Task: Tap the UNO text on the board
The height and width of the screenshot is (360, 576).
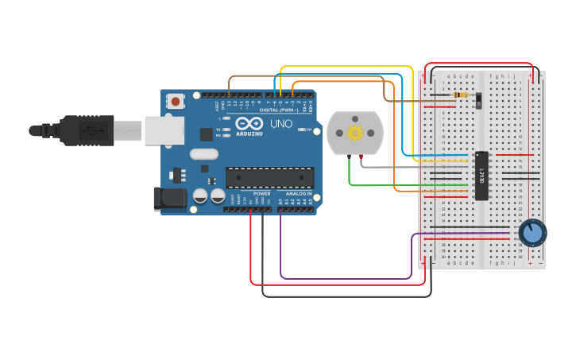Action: pyautogui.click(x=281, y=124)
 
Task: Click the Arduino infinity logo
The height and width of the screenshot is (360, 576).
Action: pyautogui.click(x=249, y=124)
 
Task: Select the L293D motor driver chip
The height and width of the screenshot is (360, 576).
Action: pyautogui.click(x=480, y=175)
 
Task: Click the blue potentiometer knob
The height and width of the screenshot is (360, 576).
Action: pyautogui.click(x=532, y=233)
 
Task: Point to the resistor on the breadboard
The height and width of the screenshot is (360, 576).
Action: pyautogui.click(x=458, y=95)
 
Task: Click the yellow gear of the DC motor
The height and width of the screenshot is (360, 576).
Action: pyautogui.click(x=354, y=132)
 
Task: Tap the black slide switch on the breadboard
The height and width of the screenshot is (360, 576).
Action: pyautogui.click(x=478, y=101)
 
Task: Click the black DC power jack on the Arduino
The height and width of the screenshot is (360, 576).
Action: pyautogui.click(x=169, y=199)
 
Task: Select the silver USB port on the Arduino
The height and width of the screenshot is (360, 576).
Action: pyautogui.click(x=164, y=130)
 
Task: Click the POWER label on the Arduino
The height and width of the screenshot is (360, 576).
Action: pyautogui.click(x=261, y=194)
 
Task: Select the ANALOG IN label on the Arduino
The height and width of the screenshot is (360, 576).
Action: pyautogui.click(x=299, y=194)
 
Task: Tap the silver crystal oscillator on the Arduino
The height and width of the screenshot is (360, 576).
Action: pyautogui.click(x=204, y=154)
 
